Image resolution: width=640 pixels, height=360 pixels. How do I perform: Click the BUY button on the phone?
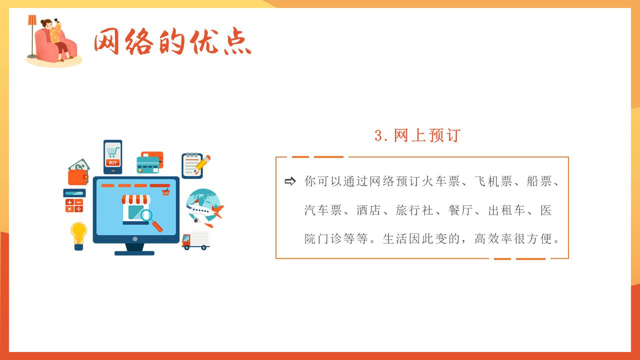113,162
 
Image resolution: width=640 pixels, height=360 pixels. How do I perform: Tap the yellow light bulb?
78,233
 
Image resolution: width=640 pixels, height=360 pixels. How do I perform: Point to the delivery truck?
195,240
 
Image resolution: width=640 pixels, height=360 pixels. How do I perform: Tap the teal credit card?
147,164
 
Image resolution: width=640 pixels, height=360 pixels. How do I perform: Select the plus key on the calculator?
69,202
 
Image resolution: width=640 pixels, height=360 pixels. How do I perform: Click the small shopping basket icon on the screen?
165,192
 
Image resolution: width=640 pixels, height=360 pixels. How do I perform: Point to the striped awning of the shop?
135,199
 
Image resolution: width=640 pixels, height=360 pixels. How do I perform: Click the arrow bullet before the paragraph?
290,181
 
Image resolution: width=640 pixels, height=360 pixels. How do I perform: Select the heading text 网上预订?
426,135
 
